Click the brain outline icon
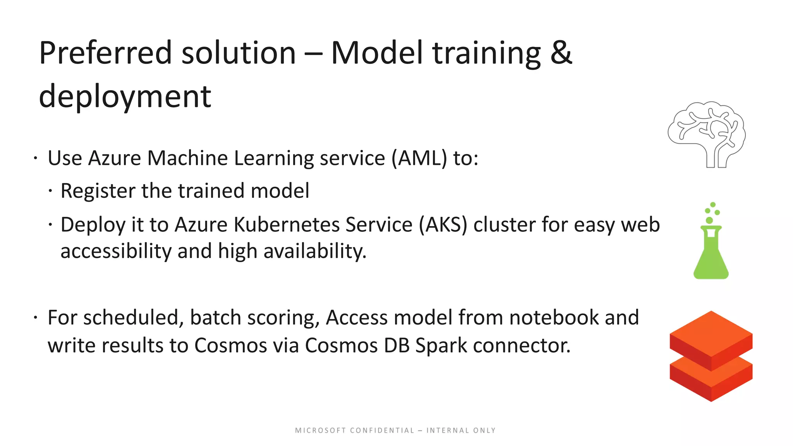(x=707, y=134)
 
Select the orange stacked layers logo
(x=711, y=356)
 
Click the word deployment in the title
(x=125, y=97)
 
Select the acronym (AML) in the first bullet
(x=419, y=158)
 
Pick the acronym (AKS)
(x=443, y=225)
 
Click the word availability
(x=314, y=251)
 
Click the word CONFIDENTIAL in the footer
(x=382, y=431)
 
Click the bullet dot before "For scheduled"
(x=35, y=318)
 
